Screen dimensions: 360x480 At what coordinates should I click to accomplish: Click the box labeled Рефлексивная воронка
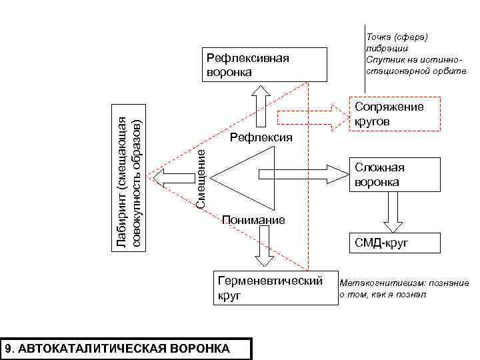tap(265, 64)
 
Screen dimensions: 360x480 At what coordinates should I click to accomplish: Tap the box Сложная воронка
tap(396, 175)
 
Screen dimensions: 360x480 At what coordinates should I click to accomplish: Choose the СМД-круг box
tap(396, 243)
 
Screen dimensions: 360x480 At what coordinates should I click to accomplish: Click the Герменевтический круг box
tap(275, 287)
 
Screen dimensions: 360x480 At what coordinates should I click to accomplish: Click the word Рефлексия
tap(261, 138)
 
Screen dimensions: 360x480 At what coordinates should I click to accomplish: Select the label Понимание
tap(253, 220)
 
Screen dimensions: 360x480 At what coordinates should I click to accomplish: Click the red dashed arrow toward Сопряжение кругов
tap(310, 117)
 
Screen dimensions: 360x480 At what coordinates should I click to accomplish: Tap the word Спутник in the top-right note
tap(384, 59)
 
